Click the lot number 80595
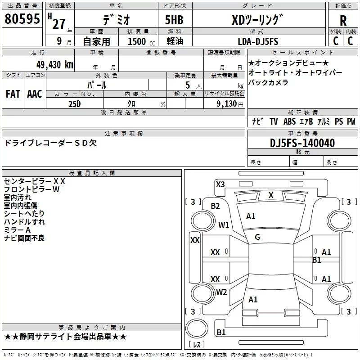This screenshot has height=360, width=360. click(22, 19)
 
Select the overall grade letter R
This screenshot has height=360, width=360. click(343, 21)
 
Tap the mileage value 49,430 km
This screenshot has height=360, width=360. click(55, 65)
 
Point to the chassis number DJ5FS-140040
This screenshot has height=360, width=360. click(302, 143)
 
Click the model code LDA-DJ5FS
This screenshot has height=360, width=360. click(258, 41)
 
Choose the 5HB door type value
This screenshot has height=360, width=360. click(174, 20)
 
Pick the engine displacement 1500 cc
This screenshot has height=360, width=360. click(141, 41)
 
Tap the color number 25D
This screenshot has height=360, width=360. click(75, 104)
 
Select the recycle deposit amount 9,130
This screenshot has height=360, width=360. click(227, 104)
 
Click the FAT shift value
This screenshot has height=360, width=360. click(13, 94)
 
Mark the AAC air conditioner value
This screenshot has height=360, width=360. click(35, 94)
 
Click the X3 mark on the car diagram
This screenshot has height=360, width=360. click(220, 184)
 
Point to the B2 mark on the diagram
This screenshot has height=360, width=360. click(215, 206)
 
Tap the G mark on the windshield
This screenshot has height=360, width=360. click(257, 237)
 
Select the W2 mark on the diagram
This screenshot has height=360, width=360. click(221, 292)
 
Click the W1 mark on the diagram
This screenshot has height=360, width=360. click(224, 225)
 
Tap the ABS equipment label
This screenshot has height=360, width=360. click(289, 121)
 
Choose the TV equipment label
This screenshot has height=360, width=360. click(274, 121)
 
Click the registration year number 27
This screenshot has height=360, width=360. click(59, 24)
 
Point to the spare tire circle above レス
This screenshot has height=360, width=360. click(197, 328)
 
